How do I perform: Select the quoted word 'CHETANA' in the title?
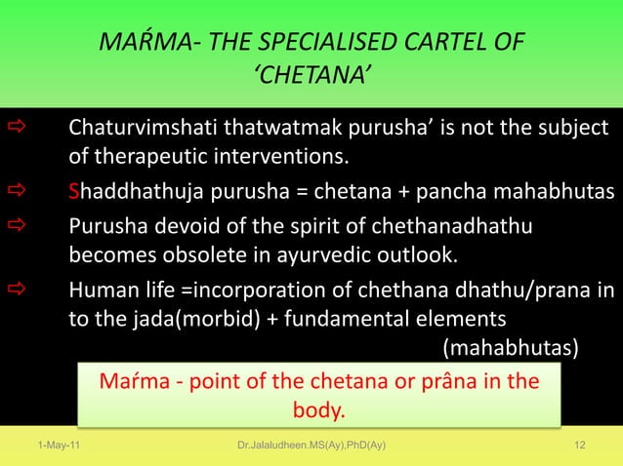pyautogui.click(x=311, y=78)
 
